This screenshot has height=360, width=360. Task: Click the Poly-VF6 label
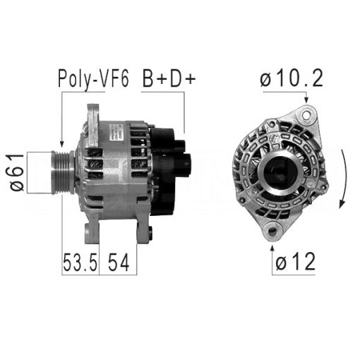(x=92, y=78)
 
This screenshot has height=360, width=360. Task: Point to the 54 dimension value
(x=119, y=264)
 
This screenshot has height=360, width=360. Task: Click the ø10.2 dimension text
(x=291, y=78)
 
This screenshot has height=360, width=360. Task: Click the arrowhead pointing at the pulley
(x=62, y=143)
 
